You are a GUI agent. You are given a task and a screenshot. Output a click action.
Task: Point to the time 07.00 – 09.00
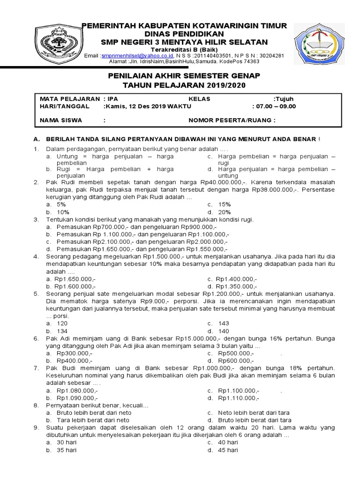[275, 106]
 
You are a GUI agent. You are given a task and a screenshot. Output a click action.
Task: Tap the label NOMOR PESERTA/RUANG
[232, 120]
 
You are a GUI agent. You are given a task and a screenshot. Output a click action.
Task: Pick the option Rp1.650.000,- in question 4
[75, 279]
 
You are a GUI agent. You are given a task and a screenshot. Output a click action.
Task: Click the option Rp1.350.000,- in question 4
[237, 286]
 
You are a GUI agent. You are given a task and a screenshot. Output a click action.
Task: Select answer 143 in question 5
[224, 323]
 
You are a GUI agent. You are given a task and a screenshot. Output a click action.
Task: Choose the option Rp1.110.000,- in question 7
[238, 397]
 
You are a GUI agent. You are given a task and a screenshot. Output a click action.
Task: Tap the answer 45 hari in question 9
[228, 450]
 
